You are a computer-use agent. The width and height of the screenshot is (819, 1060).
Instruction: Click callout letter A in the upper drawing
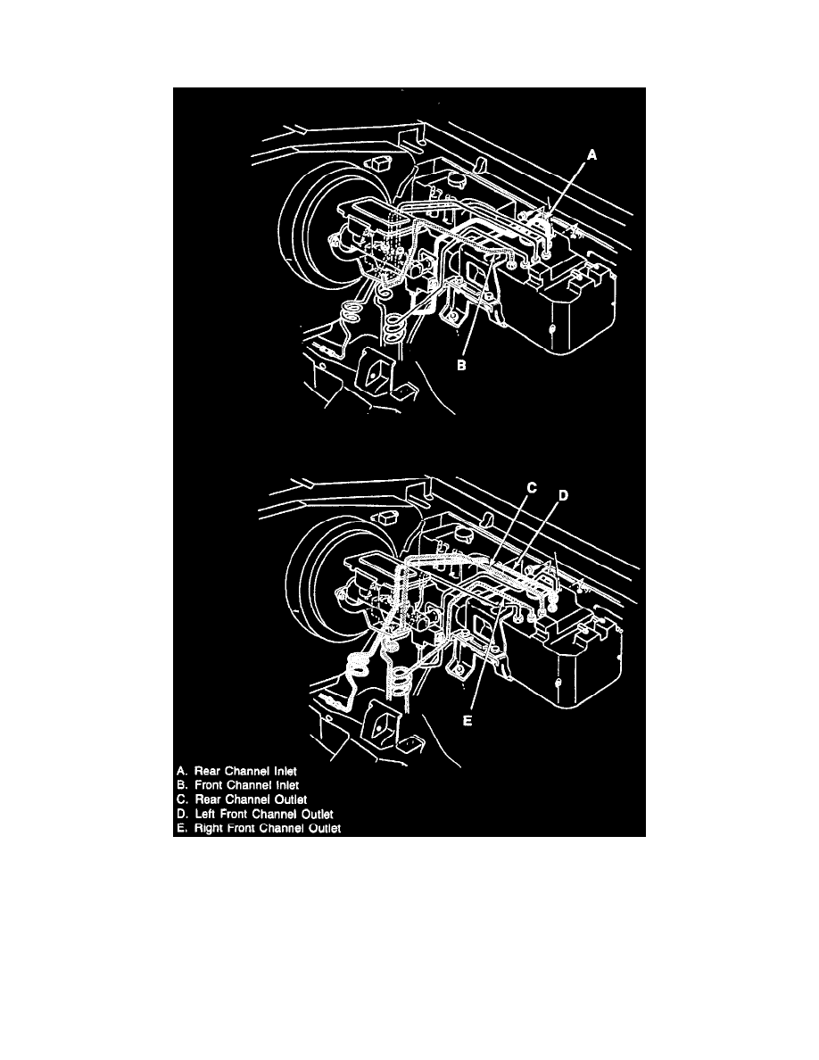pyautogui.click(x=591, y=155)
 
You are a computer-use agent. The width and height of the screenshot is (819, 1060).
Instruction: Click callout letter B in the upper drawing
pyautogui.click(x=461, y=365)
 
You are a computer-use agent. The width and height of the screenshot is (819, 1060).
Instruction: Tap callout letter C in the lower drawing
pyautogui.click(x=532, y=487)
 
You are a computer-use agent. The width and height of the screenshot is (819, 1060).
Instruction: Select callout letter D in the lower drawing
pyautogui.click(x=563, y=495)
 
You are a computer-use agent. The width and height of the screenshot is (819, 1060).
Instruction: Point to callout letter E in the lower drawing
pyautogui.click(x=467, y=721)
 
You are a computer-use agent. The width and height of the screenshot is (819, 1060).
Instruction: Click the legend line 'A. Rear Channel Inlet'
pyautogui.click(x=236, y=771)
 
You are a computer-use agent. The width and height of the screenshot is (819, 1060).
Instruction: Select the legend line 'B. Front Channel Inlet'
pyautogui.click(x=237, y=785)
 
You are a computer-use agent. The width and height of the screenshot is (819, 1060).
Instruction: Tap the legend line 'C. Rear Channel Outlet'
pyautogui.click(x=241, y=799)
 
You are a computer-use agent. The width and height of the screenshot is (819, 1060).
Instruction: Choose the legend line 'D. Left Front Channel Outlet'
pyautogui.click(x=255, y=814)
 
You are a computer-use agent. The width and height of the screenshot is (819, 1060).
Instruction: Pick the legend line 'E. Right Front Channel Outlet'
pyautogui.click(x=259, y=828)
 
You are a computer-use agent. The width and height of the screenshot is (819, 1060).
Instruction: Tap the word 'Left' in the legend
pyautogui.click(x=205, y=814)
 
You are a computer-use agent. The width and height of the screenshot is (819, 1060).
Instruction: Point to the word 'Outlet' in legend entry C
pyautogui.click(x=291, y=799)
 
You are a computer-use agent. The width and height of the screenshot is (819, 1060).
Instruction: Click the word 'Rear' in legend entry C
pyautogui.click(x=206, y=799)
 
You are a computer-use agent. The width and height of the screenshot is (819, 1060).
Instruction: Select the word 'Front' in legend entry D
pyautogui.click(x=234, y=814)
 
